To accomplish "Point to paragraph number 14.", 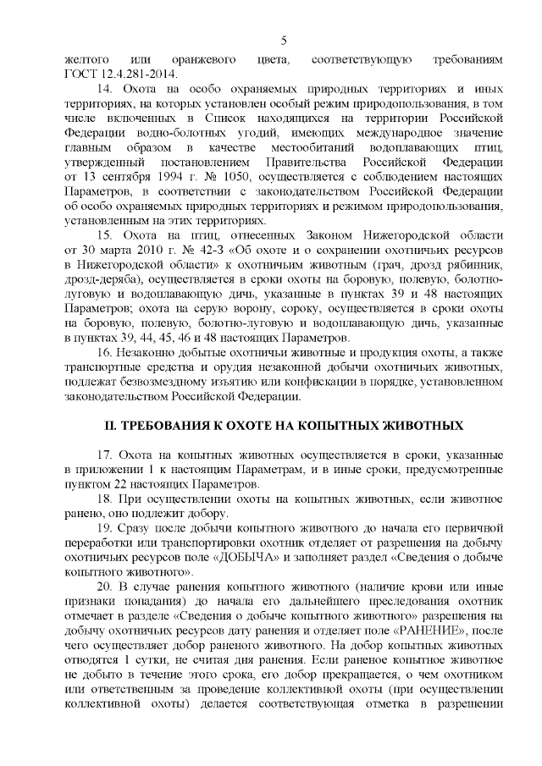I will pyautogui.click(x=107, y=88).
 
